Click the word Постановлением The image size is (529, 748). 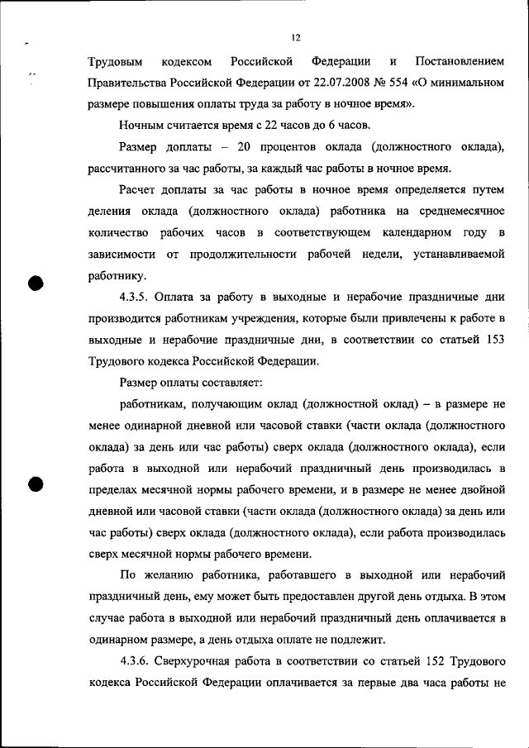pyautogui.click(x=460, y=61)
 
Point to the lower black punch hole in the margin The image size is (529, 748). pyautogui.click(x=36, y=486)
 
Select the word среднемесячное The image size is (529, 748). pyautogui.click(x=461, y=212)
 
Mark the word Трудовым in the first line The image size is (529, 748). pyautogui.click(x=115, y=61)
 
